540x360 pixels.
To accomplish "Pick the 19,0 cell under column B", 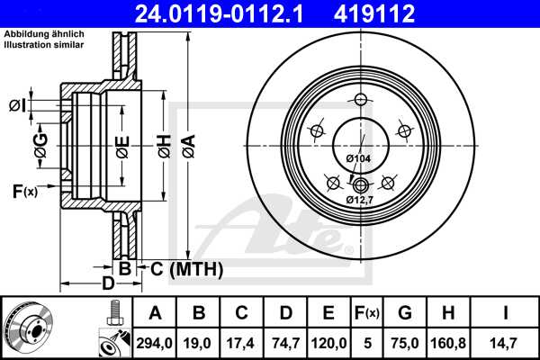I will tap(199, 341).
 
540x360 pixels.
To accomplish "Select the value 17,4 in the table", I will tap(242, 341).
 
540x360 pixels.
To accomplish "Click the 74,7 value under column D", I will tap(285, 341).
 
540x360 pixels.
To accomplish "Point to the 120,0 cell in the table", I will tap(328, 341).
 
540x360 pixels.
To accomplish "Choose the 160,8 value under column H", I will tap(447, 341).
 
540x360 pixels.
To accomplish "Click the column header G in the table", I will tap(405, 312).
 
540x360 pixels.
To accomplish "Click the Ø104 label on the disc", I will tap(358, 158).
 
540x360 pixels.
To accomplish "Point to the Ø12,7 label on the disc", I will tap(360, 200).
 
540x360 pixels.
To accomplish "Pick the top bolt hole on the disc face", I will tap(360, 99).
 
